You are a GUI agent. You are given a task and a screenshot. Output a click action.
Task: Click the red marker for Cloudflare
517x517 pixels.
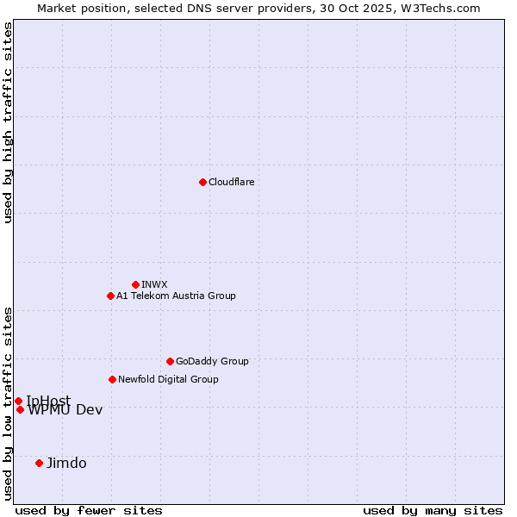[x=202, y=182]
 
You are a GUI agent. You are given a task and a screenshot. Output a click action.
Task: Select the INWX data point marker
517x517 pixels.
[x=135, y=284]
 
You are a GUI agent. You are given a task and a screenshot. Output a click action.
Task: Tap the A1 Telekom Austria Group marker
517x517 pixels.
[x=110, y=296]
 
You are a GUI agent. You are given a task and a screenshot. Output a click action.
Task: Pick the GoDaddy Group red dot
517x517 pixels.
[x=170, y=361]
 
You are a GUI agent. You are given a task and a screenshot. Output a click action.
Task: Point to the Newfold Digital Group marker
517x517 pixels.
[x=112, y=379]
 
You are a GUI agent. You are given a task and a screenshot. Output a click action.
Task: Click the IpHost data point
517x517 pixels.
[x=18, y=401]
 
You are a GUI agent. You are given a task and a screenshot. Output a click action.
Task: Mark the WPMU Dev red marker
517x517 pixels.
[x=20, y=409]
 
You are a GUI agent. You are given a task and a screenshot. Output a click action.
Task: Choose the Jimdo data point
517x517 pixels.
[x=39, y=463]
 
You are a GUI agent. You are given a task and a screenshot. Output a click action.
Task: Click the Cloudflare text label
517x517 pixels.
[x=231, y=182]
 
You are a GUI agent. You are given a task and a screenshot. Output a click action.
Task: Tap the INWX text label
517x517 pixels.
[x=154, y=284]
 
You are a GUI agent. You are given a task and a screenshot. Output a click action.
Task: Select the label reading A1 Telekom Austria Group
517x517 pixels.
[x=176, y=296]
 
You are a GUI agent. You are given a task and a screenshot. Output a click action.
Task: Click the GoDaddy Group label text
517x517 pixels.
[x=212, y=361]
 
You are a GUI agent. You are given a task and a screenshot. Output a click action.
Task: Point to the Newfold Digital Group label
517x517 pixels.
[x=168, y=379]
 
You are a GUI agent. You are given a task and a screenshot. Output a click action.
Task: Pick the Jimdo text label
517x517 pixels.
[x=66, y=463]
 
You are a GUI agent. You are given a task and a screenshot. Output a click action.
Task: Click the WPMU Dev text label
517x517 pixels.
[x=65, y=410]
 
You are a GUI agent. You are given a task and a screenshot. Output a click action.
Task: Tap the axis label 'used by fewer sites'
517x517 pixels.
[x=89, y=510]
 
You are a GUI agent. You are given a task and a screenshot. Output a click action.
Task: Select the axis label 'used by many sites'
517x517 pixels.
[x=433, y=510]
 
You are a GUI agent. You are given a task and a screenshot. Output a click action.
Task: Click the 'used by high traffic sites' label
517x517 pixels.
[x=9, y=122]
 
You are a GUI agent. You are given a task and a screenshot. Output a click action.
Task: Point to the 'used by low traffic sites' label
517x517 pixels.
[x=9, y=402]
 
